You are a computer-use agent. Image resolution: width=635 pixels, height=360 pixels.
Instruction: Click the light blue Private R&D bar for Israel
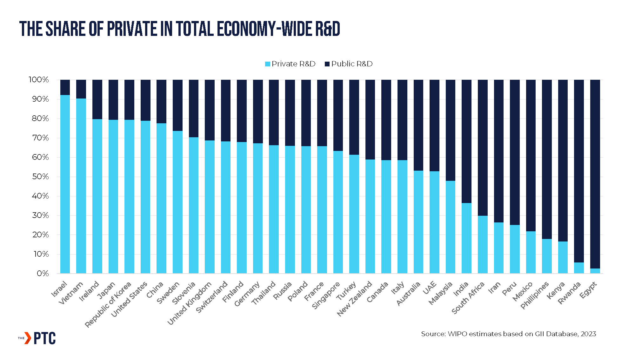65,184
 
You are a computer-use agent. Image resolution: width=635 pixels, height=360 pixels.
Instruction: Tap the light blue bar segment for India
466,238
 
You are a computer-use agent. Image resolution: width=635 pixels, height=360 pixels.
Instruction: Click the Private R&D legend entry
290,64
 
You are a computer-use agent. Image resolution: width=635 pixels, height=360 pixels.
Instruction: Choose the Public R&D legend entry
349,64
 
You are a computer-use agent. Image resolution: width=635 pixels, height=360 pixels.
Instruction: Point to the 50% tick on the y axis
40,177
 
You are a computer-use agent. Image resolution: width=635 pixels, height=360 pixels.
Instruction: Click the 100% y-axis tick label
39,80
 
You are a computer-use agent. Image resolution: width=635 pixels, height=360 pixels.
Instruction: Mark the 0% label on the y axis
43,274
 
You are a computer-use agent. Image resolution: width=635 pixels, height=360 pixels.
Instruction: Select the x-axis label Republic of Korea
108,304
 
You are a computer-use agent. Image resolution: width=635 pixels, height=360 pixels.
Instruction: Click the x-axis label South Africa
468,298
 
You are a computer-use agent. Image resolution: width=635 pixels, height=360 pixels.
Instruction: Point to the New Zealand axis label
354,299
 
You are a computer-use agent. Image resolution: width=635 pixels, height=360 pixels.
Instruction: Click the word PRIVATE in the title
132,29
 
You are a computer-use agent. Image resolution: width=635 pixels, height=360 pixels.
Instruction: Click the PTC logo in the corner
37,338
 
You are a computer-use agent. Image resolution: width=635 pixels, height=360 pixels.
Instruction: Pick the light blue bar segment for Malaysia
451,227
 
